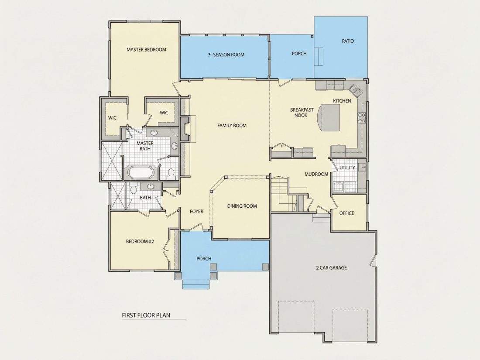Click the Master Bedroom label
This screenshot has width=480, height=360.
pyautogui.click(x=146, y=50)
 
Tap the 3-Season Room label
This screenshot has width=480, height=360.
pyautogui.click(x=226, y=55)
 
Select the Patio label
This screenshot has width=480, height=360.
pyautogui.click(x=348, y=41)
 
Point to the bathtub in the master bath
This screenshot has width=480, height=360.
pyautogui.click(x=141, y=173)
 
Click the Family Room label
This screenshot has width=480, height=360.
pyautogui.click(x=232, y=126)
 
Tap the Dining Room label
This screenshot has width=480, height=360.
pyautogui.click(x=242, y=206)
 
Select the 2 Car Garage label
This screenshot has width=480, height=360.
pyautogui.click(x=331, y=267)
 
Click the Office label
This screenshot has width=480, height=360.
pyautogui.click(x=346, y=213)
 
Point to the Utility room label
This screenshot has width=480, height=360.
pyautogui.click(x=347, y=168)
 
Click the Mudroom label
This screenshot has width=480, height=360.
pyautogui.click(x=316, y=174)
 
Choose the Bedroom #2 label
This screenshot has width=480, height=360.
pyautogui.click(x=140, y=242)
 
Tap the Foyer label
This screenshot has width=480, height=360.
pyautogui.click(x=196, y=212)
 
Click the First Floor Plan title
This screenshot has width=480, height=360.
pyautogui.click(x=146, y=315)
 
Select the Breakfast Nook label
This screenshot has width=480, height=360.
pyautogui.click(x=302, y=112)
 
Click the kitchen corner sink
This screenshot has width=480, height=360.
pyautogui.click(x=355, y=90)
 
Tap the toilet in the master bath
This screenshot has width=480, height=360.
pyautogui.click(x=171, y=174)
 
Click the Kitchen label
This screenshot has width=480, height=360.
pyautogui.click(x=342, y=101)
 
